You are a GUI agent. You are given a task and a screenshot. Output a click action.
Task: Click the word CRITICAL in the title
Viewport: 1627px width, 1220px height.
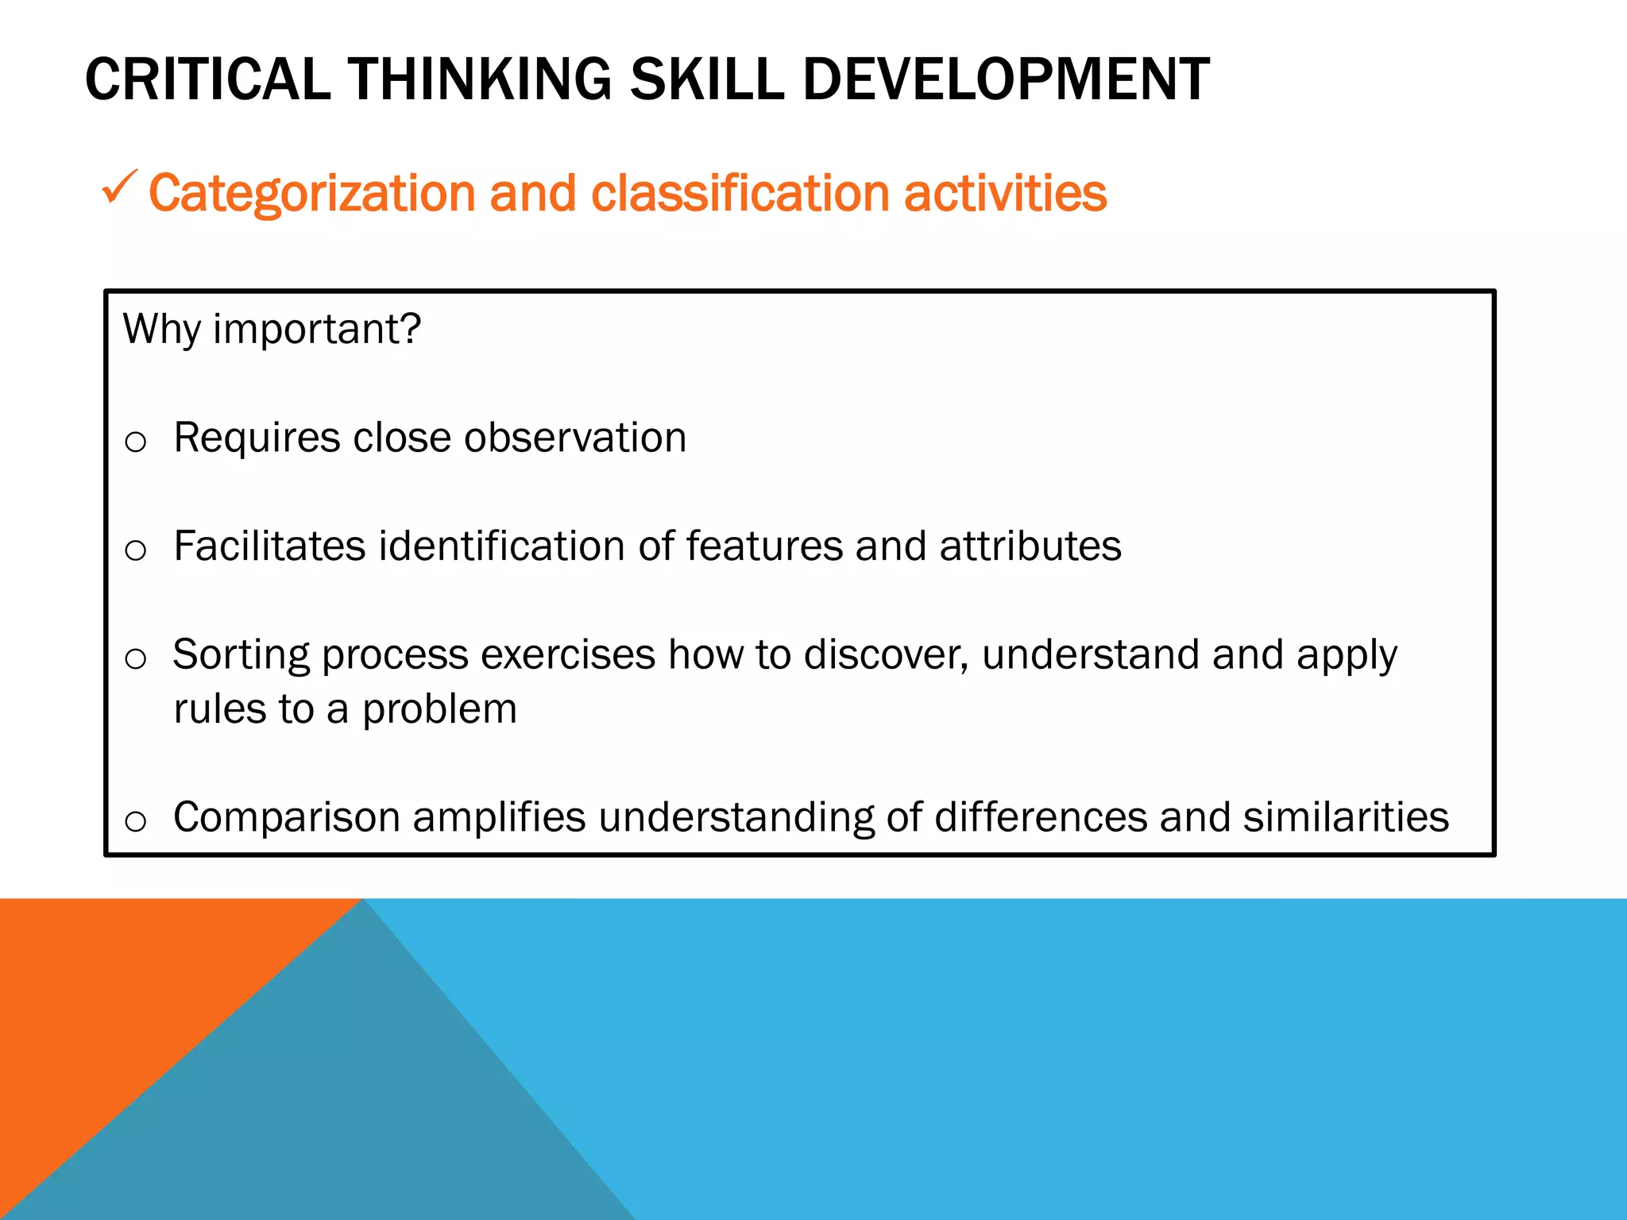207,79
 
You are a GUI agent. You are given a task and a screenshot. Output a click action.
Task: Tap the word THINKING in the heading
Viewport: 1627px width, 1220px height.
481,79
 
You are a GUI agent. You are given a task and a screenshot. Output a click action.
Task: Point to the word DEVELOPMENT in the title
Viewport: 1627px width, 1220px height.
1006,79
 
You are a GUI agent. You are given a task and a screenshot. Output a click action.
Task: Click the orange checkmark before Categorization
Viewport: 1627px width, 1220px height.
119,188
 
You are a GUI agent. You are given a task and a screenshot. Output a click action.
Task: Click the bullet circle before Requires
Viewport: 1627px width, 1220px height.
136,442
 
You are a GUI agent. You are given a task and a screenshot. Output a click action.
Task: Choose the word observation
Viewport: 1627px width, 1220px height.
575,438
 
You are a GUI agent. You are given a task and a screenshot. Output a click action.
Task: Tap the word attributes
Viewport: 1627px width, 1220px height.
1030,546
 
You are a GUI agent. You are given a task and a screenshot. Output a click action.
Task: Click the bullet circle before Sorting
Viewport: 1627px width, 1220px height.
136,658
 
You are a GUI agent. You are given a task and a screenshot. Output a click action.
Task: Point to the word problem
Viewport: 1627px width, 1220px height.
439,709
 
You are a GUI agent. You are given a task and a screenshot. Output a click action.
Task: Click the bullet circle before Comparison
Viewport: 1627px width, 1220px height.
136,821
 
